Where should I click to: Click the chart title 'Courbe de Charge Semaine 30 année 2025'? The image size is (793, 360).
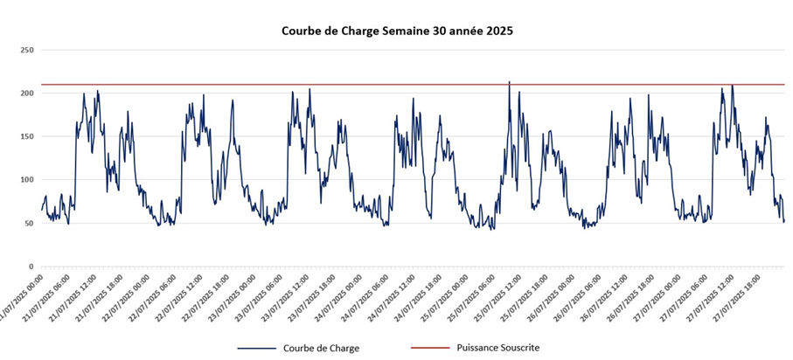coord(396,30)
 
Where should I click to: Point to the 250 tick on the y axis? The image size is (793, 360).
coord(26,51)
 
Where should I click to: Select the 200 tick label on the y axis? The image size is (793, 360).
coord(26,93)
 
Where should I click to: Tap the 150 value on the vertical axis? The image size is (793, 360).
coord(26,136)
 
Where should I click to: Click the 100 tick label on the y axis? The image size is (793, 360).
coord(26,180)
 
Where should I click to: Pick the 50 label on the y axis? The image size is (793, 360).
coord(29,223)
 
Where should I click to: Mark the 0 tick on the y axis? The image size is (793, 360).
coord(31,267)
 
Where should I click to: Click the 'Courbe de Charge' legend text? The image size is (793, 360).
coord(320,348)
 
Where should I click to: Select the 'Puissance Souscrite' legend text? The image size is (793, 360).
coord(497,348)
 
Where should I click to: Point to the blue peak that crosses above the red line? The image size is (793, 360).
coord(510,82)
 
